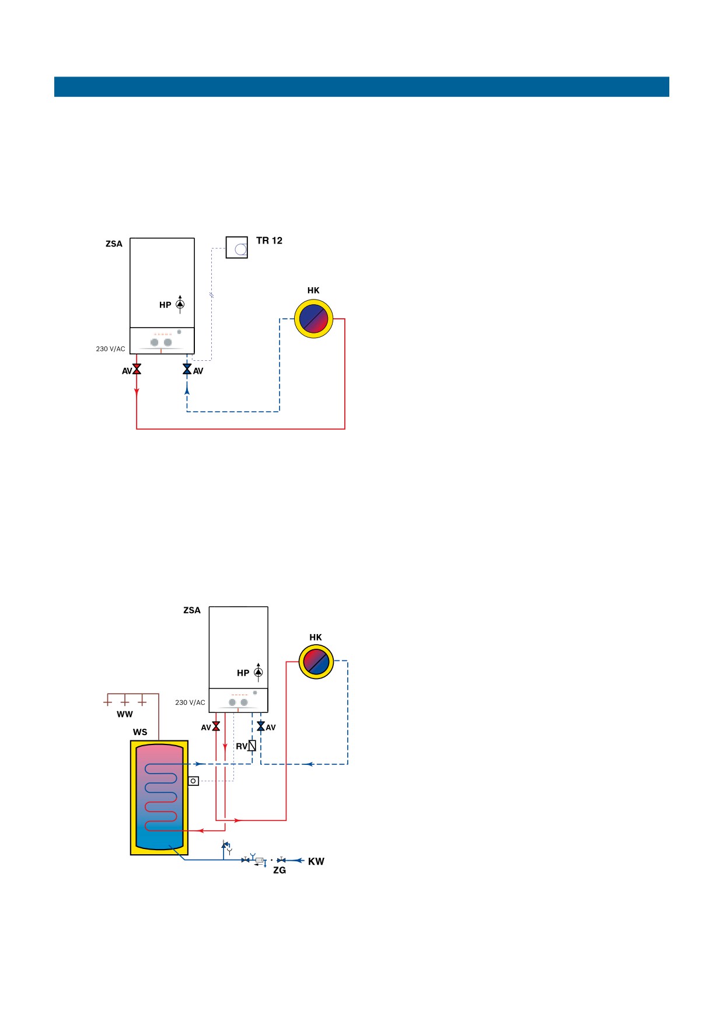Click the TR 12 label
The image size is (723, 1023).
(x=269, y=241)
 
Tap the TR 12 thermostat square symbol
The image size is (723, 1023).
(x=237, y=248)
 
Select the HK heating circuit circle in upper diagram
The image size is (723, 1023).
(x=313, y=319)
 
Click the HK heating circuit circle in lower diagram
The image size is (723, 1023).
(x=316, y=662)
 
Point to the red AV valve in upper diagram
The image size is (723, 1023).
(x=137, y=369)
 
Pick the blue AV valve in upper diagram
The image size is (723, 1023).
(x=187, y=369)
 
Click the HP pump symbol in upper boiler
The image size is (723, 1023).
(x=180, y=304)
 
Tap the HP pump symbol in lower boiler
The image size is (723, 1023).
(x=258, y=672)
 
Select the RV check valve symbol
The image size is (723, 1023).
(x=252, y=746)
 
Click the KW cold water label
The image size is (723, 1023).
(x=316, y=861)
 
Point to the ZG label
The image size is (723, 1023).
(x=280, y=870)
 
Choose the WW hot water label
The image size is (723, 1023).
(x=125, y=714)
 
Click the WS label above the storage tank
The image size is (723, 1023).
(x=140, y=732)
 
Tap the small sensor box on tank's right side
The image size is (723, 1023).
(x=193, y=781)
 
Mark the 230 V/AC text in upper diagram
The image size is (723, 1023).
(x=110, y=349)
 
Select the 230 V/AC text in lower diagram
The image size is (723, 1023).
(x=190, y=702)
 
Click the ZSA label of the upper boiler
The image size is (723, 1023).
(x=114, y=244)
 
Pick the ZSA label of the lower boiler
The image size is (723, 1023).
(x=192, y=610)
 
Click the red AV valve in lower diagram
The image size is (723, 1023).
(x=216, y=726)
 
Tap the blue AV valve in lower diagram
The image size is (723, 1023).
(x=261, y=726)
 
